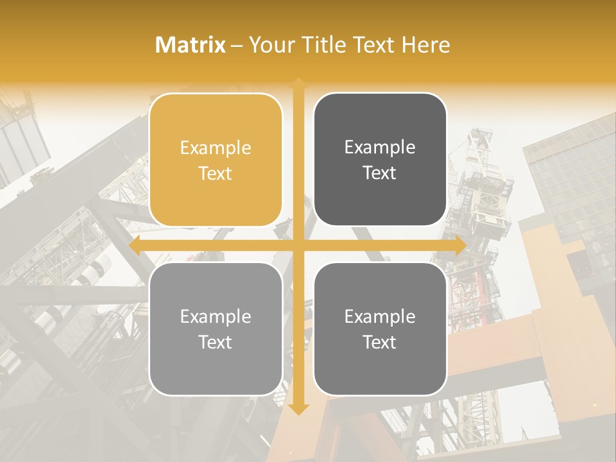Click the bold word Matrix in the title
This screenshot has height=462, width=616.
click(x=191, y=45)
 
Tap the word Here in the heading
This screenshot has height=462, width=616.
click(x=425, y=45)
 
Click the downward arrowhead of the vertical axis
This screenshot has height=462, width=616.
click(x=298, y=409)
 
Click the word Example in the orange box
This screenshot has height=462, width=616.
click(x=216, y=148)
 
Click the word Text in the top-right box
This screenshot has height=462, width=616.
click(x=380, y=173)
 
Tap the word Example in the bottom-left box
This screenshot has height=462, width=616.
click(x=216, y=317)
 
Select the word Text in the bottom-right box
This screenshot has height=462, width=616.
click(x=380, y=342)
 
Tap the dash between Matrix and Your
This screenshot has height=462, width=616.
click(x=237, y=46)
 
